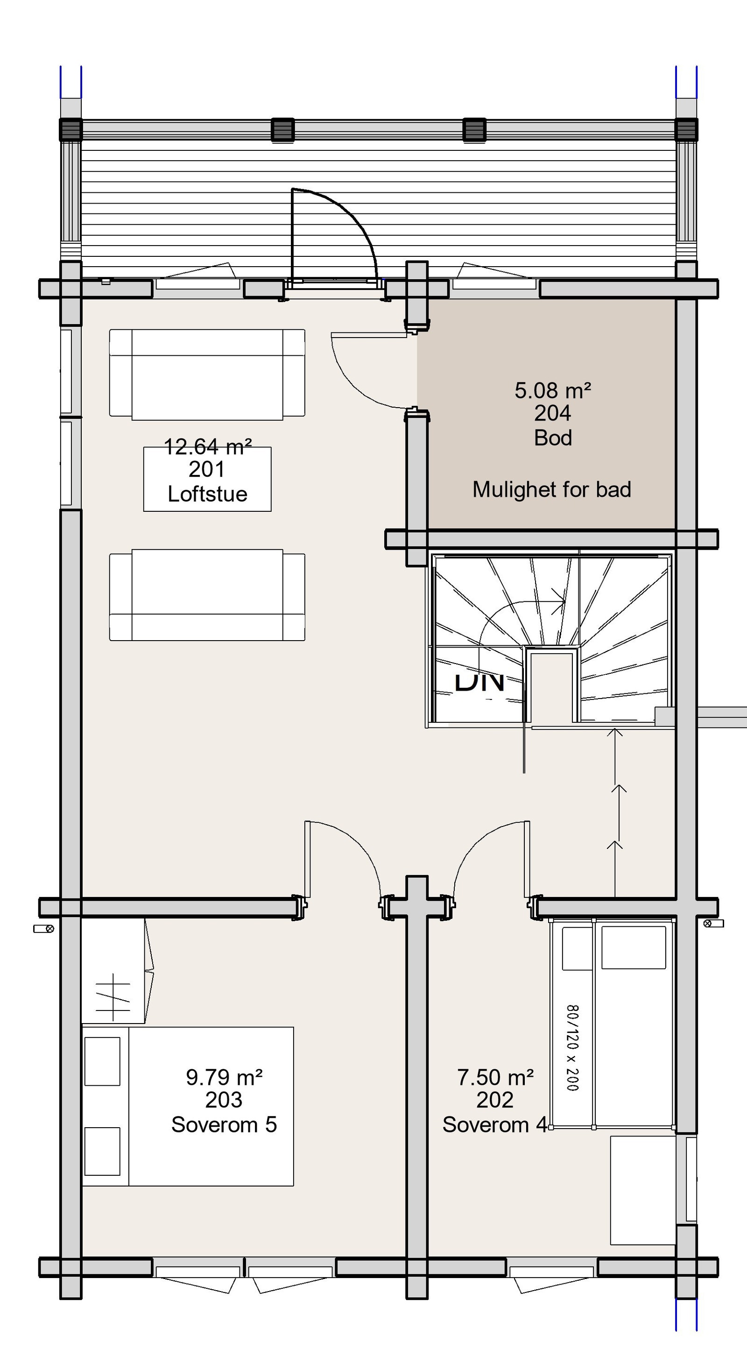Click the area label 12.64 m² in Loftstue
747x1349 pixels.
[208, 447]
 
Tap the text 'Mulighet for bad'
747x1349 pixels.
[552, 490]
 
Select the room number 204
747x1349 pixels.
[552, 414]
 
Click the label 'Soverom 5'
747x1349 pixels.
[224, 1125]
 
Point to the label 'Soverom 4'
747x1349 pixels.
[495, 1125]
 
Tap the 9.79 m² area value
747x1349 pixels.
[224, 1077]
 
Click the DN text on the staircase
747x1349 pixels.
[479, 682]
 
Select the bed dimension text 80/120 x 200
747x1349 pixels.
[572, 1047]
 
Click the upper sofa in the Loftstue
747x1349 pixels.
[207, 374]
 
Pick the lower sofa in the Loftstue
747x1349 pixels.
[207, 594]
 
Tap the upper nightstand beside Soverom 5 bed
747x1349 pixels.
[102, 1061]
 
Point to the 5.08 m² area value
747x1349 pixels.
[552, 391]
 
